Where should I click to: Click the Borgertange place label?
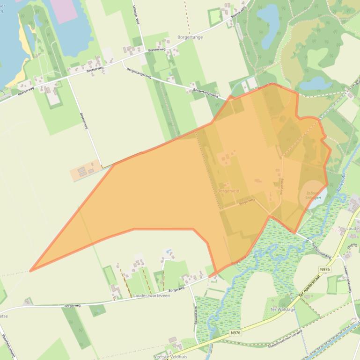[190, 37]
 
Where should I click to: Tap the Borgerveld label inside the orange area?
[228, 191]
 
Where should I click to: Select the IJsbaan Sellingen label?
[313, 195]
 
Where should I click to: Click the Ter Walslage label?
[282, 309]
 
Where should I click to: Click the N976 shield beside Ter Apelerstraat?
[325, 269]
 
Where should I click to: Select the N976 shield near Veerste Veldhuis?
[236, 333]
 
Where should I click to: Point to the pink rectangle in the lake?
[64, 9]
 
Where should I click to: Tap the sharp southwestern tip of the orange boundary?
[31, 270]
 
